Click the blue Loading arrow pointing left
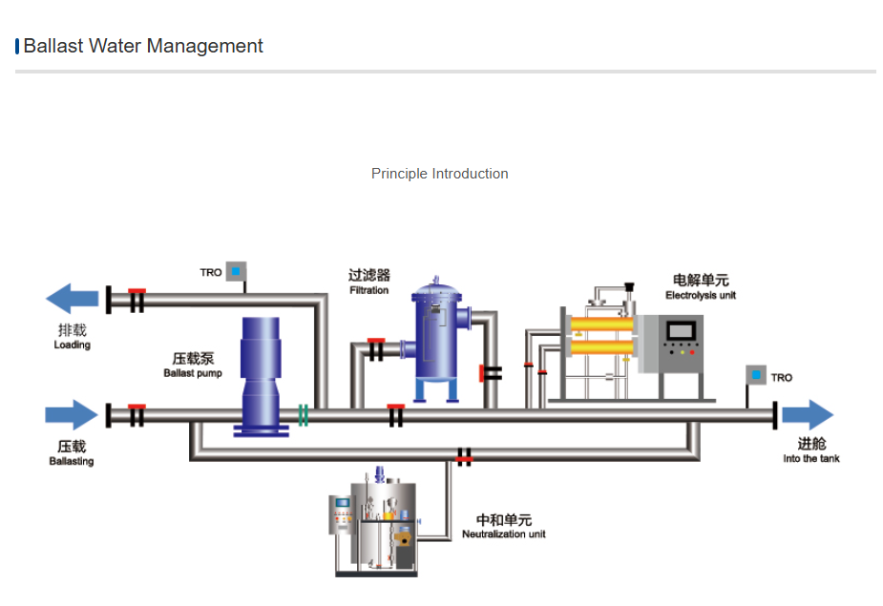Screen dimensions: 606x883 pyautogui.click(x=72, y=299)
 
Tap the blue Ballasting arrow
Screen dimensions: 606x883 pyautogui.click(x=72, y=415)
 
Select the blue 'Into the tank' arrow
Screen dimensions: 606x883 pyautogui.click(x=808, y=415)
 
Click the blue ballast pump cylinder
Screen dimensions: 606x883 pyautogui.click(x=261, y=372)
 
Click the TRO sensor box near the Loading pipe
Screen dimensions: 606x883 pyautogui.click(x=236, y=272)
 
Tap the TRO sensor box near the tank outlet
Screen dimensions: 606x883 pyautogui.click(x=756, y=376)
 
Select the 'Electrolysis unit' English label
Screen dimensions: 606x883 pyautogui.click(x=701, y=296)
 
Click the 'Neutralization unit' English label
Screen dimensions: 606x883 pyautogui.click(x=504, y=534)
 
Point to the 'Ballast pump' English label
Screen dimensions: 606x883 pyautogui.click(x=192, y=373)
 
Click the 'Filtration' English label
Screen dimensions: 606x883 pyautogui.click(x=368, y=290)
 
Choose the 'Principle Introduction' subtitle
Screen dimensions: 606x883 pyautogui.click(x=440, y=174)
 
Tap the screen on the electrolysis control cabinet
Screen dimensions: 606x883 pyautogui.click(x=681, y=331)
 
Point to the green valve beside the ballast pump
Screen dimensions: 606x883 pyautogui.click(x=303, y=415)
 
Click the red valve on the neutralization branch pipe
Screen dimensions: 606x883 pyautogui.click(x=464, y=457)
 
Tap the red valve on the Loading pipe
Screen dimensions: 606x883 pyautogui.click(x=137, y=299)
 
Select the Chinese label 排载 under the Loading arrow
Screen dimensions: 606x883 pyautogui.click(x=72, y=330)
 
